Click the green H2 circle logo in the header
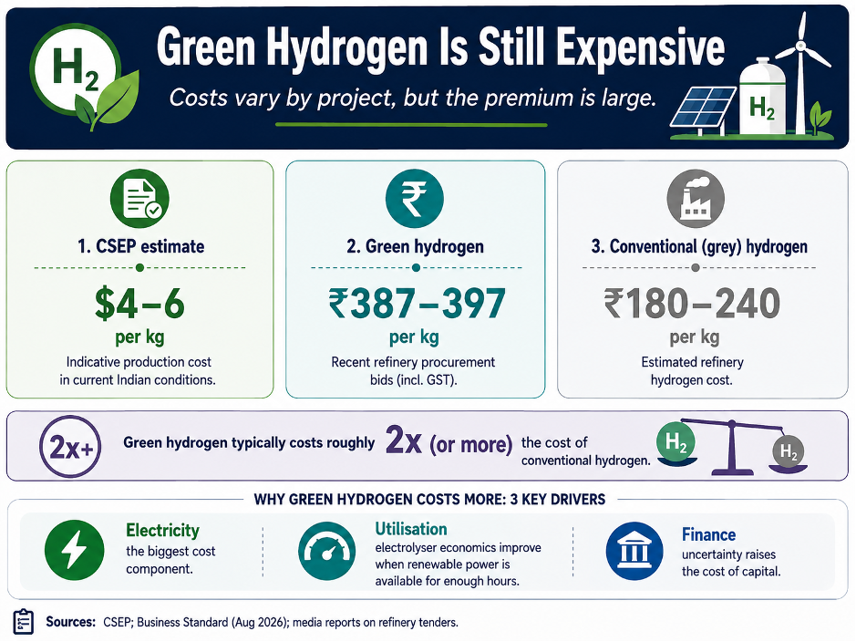[x=76, y=69]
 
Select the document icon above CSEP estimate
[x=139, y=198]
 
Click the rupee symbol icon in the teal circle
[x=415, y=198]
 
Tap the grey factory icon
[x=696, y=198]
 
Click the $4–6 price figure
[x=139, y=304]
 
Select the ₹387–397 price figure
[x=417, y=304]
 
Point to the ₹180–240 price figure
[x=692, y=304]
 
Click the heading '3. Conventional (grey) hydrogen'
[x=699, y=247]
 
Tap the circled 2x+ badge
[x=70, y=447]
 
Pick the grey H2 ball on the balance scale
[x=789, y=450]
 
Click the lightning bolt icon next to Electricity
[x=74, y=550]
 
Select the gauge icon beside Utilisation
[x=326, y=550]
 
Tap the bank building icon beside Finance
[x=634, y=550]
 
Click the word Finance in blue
[x=708, y=534]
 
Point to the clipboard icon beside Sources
[x=23, y=622]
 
